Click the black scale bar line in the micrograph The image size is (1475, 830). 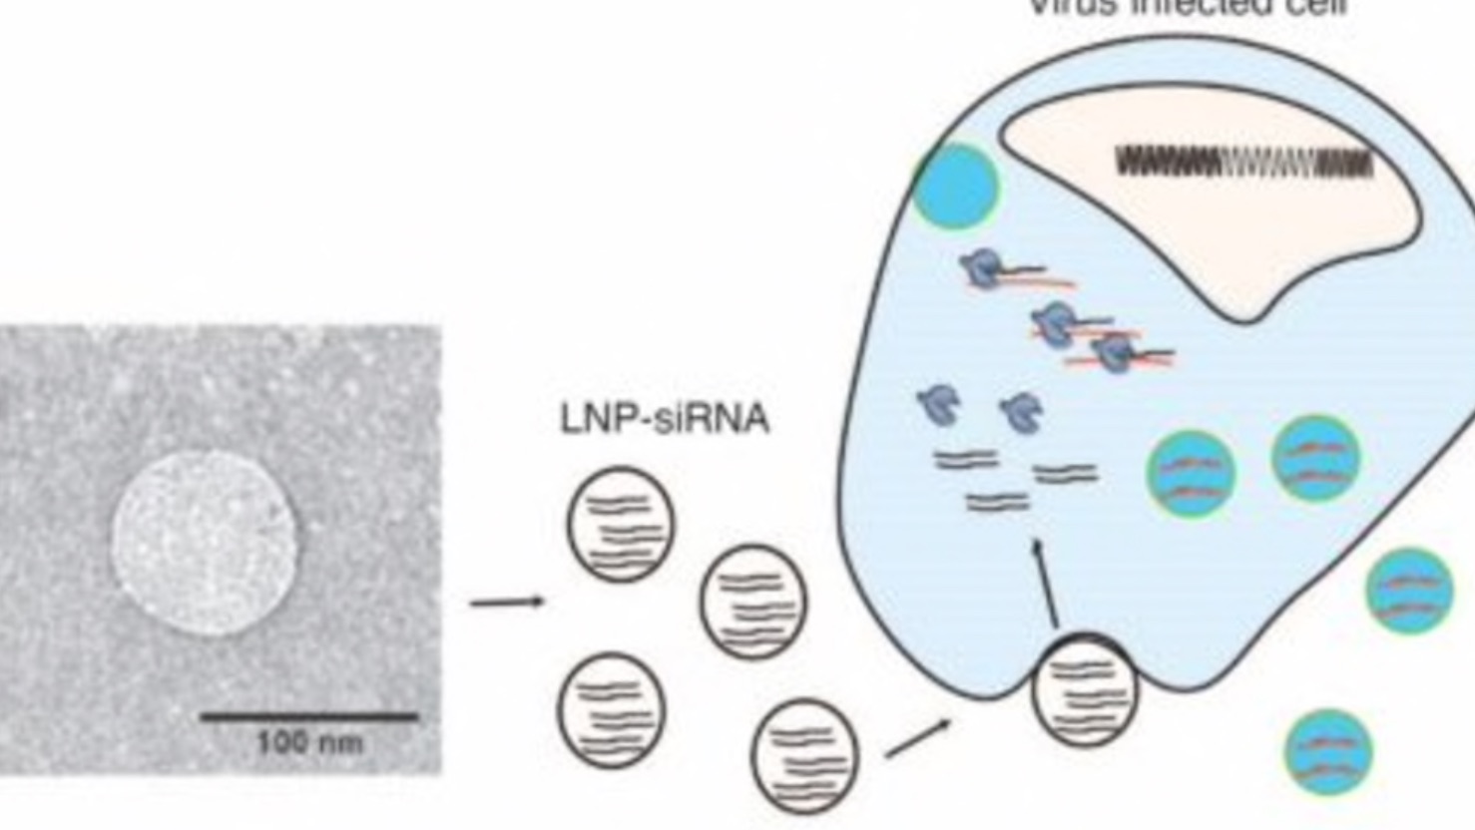tap(309, 716)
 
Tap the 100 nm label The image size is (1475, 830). tap(309, 743)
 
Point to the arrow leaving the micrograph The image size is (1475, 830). tap(507, 602)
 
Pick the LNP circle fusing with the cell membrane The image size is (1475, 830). tap(1085, 690)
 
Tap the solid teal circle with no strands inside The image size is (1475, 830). tap(956, 187)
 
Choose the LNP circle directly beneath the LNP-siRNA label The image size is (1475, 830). tap(621, 523)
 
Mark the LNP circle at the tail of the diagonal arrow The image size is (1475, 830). tap(804, 754)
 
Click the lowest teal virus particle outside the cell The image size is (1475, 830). tap(1328, 752)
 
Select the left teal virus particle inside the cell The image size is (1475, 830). tap(1191, 473)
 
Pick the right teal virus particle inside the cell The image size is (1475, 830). tap(1315, 458)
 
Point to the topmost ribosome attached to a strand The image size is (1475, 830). tap(982, 267)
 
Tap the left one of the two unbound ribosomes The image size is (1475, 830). tap(936, 404)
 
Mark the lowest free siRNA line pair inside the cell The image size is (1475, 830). tap(996, 501)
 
